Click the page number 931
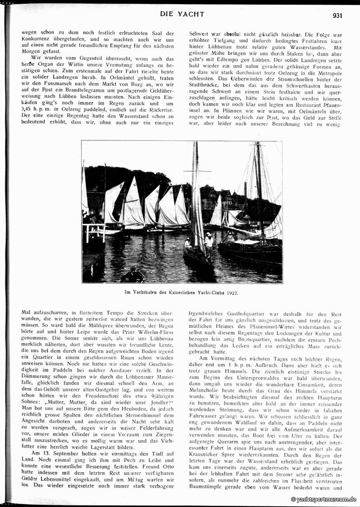(337, 15)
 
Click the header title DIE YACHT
(182, 14)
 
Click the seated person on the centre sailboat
(188, 244)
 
